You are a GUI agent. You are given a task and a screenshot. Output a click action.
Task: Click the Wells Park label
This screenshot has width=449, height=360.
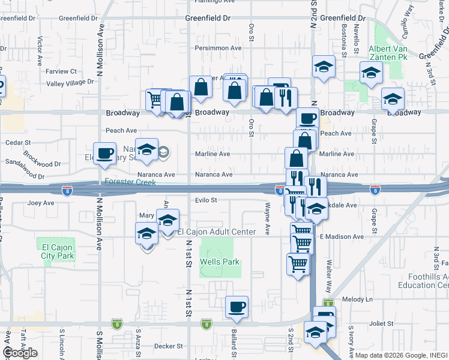220,262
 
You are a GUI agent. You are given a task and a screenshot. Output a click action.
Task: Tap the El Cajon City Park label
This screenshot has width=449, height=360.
57,251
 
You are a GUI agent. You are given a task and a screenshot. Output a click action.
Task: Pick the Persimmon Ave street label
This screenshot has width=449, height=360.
218,48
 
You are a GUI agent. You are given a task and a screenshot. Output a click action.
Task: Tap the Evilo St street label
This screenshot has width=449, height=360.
205,200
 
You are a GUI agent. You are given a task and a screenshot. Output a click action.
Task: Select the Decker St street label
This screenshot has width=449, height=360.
167,346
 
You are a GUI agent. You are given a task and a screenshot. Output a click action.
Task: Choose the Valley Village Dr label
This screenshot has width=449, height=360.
70,82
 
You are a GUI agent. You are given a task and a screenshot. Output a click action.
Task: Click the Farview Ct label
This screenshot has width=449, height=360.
61,71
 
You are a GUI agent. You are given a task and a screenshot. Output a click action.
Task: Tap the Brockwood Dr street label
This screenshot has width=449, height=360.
42,159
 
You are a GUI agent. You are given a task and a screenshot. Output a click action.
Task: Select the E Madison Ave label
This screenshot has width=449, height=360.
342,237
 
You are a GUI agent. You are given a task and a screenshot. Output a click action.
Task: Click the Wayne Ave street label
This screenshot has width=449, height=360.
267,214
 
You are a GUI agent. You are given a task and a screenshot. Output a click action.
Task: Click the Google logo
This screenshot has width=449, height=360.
19,352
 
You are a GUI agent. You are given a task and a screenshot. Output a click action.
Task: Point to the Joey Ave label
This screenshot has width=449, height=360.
41,203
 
